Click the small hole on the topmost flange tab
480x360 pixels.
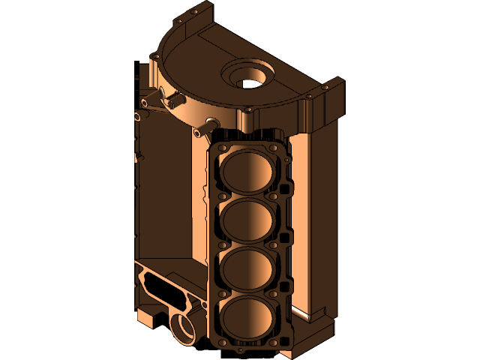pyautogui.click(x=194, y=13)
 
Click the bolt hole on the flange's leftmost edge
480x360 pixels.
pyautogui.click(x=154, y=56)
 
